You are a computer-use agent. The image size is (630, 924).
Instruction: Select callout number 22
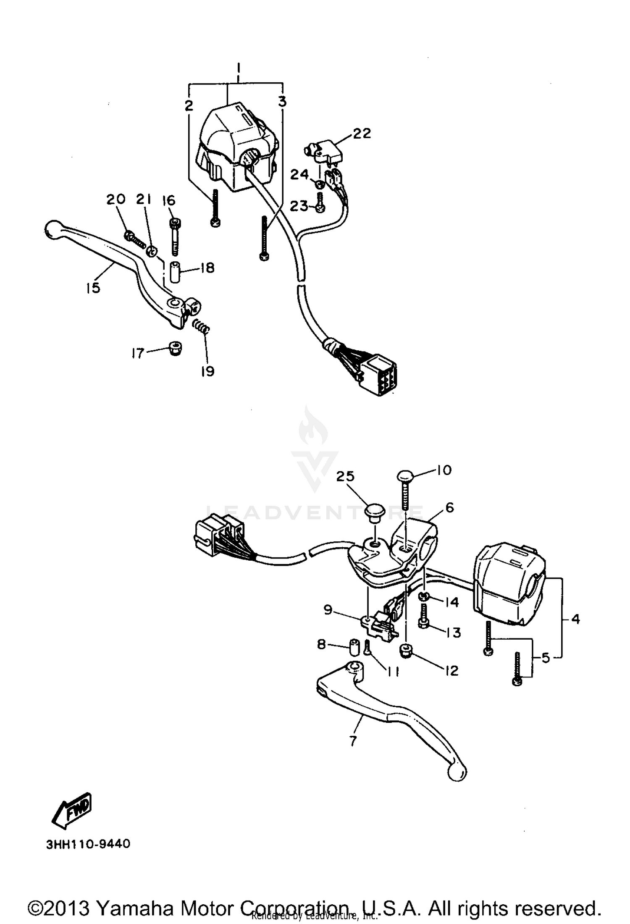[362, 134]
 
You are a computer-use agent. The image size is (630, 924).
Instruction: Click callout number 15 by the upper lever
[93, 288]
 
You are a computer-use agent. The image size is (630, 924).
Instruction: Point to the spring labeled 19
[201, 326]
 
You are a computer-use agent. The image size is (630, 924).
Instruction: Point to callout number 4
[575, 619]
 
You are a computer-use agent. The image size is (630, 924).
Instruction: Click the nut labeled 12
[406, 650]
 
